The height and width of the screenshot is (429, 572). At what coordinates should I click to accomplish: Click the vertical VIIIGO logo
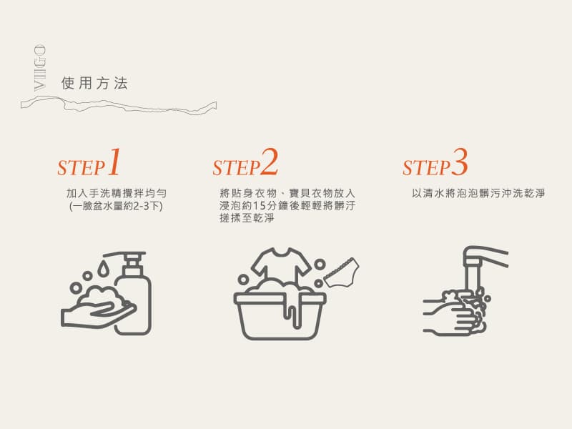40,67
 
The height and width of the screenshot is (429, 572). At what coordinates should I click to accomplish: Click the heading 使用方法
94,83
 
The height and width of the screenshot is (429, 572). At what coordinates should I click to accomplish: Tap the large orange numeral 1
114,162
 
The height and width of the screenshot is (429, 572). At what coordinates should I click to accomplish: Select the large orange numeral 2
270,162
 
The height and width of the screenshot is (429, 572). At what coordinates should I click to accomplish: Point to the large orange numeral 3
459,162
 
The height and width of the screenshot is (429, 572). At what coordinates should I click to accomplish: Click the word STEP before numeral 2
236,168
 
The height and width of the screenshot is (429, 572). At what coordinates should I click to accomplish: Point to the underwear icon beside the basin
342,272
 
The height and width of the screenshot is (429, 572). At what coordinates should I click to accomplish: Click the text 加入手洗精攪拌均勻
117,192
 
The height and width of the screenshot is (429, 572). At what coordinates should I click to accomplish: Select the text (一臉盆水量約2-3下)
116,206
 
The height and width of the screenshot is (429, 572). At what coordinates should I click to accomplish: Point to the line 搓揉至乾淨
247,218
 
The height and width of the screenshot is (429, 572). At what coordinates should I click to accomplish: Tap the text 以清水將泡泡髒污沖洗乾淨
478,193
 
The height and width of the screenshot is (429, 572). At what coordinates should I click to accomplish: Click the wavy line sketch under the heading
119,105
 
